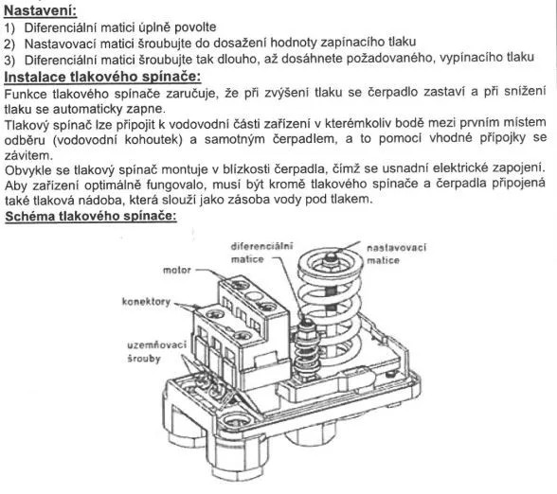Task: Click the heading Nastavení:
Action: coord(40,10)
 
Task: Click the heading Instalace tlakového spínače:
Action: coord(102,77)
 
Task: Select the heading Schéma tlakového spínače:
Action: coord(91,216)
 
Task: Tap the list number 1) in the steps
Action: coord(9,27)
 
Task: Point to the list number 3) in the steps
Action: coord(9,60)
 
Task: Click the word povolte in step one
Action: coord(196,26)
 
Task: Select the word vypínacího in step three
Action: coord(471,58)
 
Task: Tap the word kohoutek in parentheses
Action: coord(153,139)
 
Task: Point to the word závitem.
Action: coord(27,155)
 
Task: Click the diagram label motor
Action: coord(177,270)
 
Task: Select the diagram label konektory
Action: coord(146,302)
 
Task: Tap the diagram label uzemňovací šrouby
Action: coord(156,351)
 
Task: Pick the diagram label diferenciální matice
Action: coord(261,253)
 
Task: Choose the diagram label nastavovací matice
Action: coord(396,254)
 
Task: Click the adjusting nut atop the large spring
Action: coord(331,256)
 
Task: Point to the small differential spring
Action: coord(306,349)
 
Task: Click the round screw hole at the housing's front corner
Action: coord(235,421)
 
